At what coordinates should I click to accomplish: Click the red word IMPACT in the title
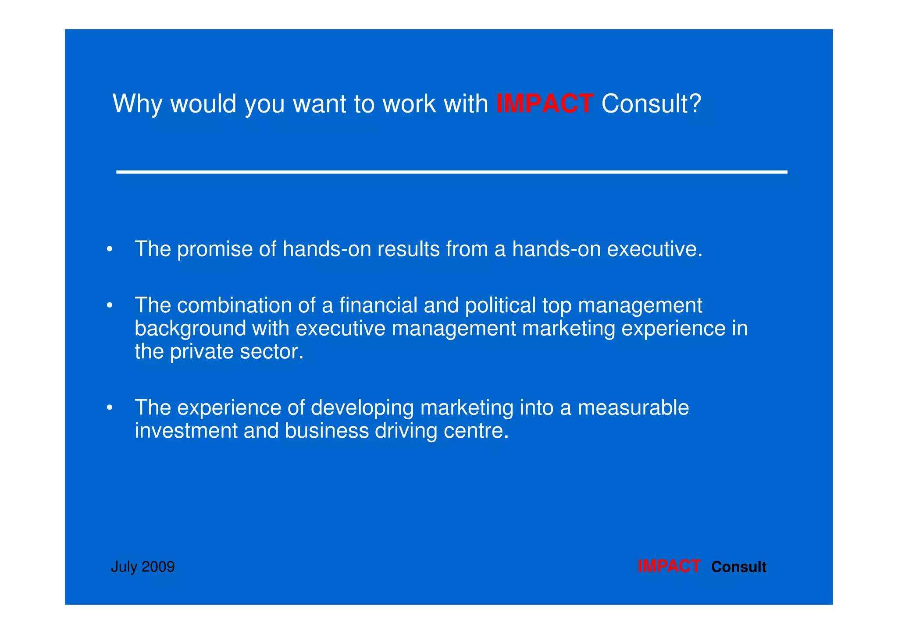click(x=545, y=104)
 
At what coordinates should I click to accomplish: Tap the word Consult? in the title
click(x=651, y=104)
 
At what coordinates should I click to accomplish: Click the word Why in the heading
click(x=137, y=104)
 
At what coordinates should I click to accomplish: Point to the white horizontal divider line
click(x=452, y=172)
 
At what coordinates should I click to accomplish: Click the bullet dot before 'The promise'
click(x=110, y=250)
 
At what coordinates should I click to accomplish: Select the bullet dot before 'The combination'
click(x=110, y=305)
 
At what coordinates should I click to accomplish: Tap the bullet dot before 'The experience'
click(x=110, y=408)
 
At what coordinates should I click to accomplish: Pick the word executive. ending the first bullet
click(x=655, y=249)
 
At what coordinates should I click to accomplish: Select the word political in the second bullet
click(x=500, y=305)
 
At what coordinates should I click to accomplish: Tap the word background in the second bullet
click(x=190, y=329)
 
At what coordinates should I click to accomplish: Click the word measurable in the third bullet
click(x=633, y=407)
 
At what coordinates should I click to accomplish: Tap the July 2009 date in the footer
click(x=143, y=567)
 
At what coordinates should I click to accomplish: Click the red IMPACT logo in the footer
click(x=669, y=566)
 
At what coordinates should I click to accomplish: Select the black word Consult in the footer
click(x=738, y=567)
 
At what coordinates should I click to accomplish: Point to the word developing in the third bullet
click(x=362, y=408)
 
